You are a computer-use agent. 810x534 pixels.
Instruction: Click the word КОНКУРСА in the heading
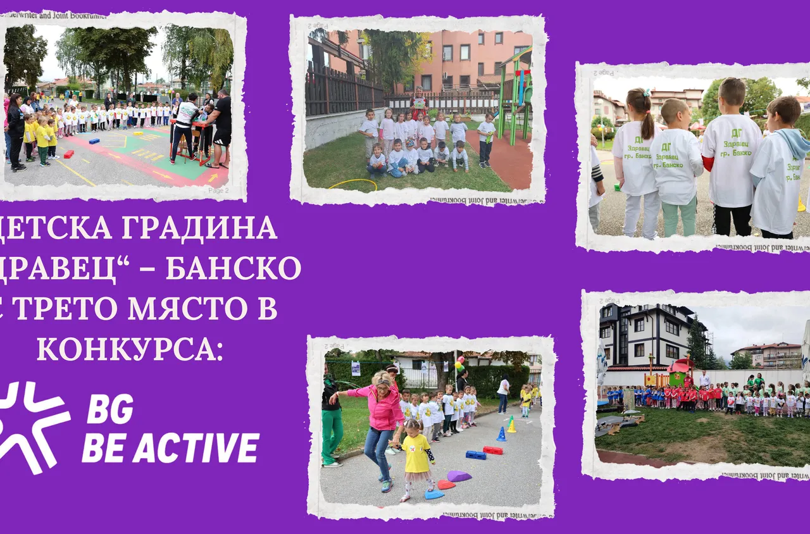(x=130, y=348)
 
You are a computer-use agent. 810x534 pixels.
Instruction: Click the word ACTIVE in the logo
(x=196, y=448)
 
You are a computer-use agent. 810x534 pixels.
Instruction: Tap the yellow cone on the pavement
(x=511, y=425)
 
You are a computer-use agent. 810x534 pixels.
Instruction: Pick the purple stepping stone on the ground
(x=459, y=476)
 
